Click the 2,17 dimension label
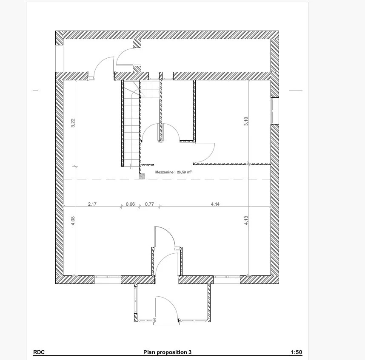92,204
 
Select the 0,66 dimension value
130,204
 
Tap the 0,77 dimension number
149,204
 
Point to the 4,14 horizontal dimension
215,204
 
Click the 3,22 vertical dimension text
73,123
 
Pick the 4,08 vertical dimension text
73,221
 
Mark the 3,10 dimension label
246,121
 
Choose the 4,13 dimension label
246,221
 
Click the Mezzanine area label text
174,172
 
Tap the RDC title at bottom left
39,352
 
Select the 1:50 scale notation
297,352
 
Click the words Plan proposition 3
167,352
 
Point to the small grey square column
142,176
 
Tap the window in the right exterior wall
272,111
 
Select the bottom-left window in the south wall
108,277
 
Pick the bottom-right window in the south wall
227,277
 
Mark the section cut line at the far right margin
296,91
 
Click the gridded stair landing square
150,89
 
